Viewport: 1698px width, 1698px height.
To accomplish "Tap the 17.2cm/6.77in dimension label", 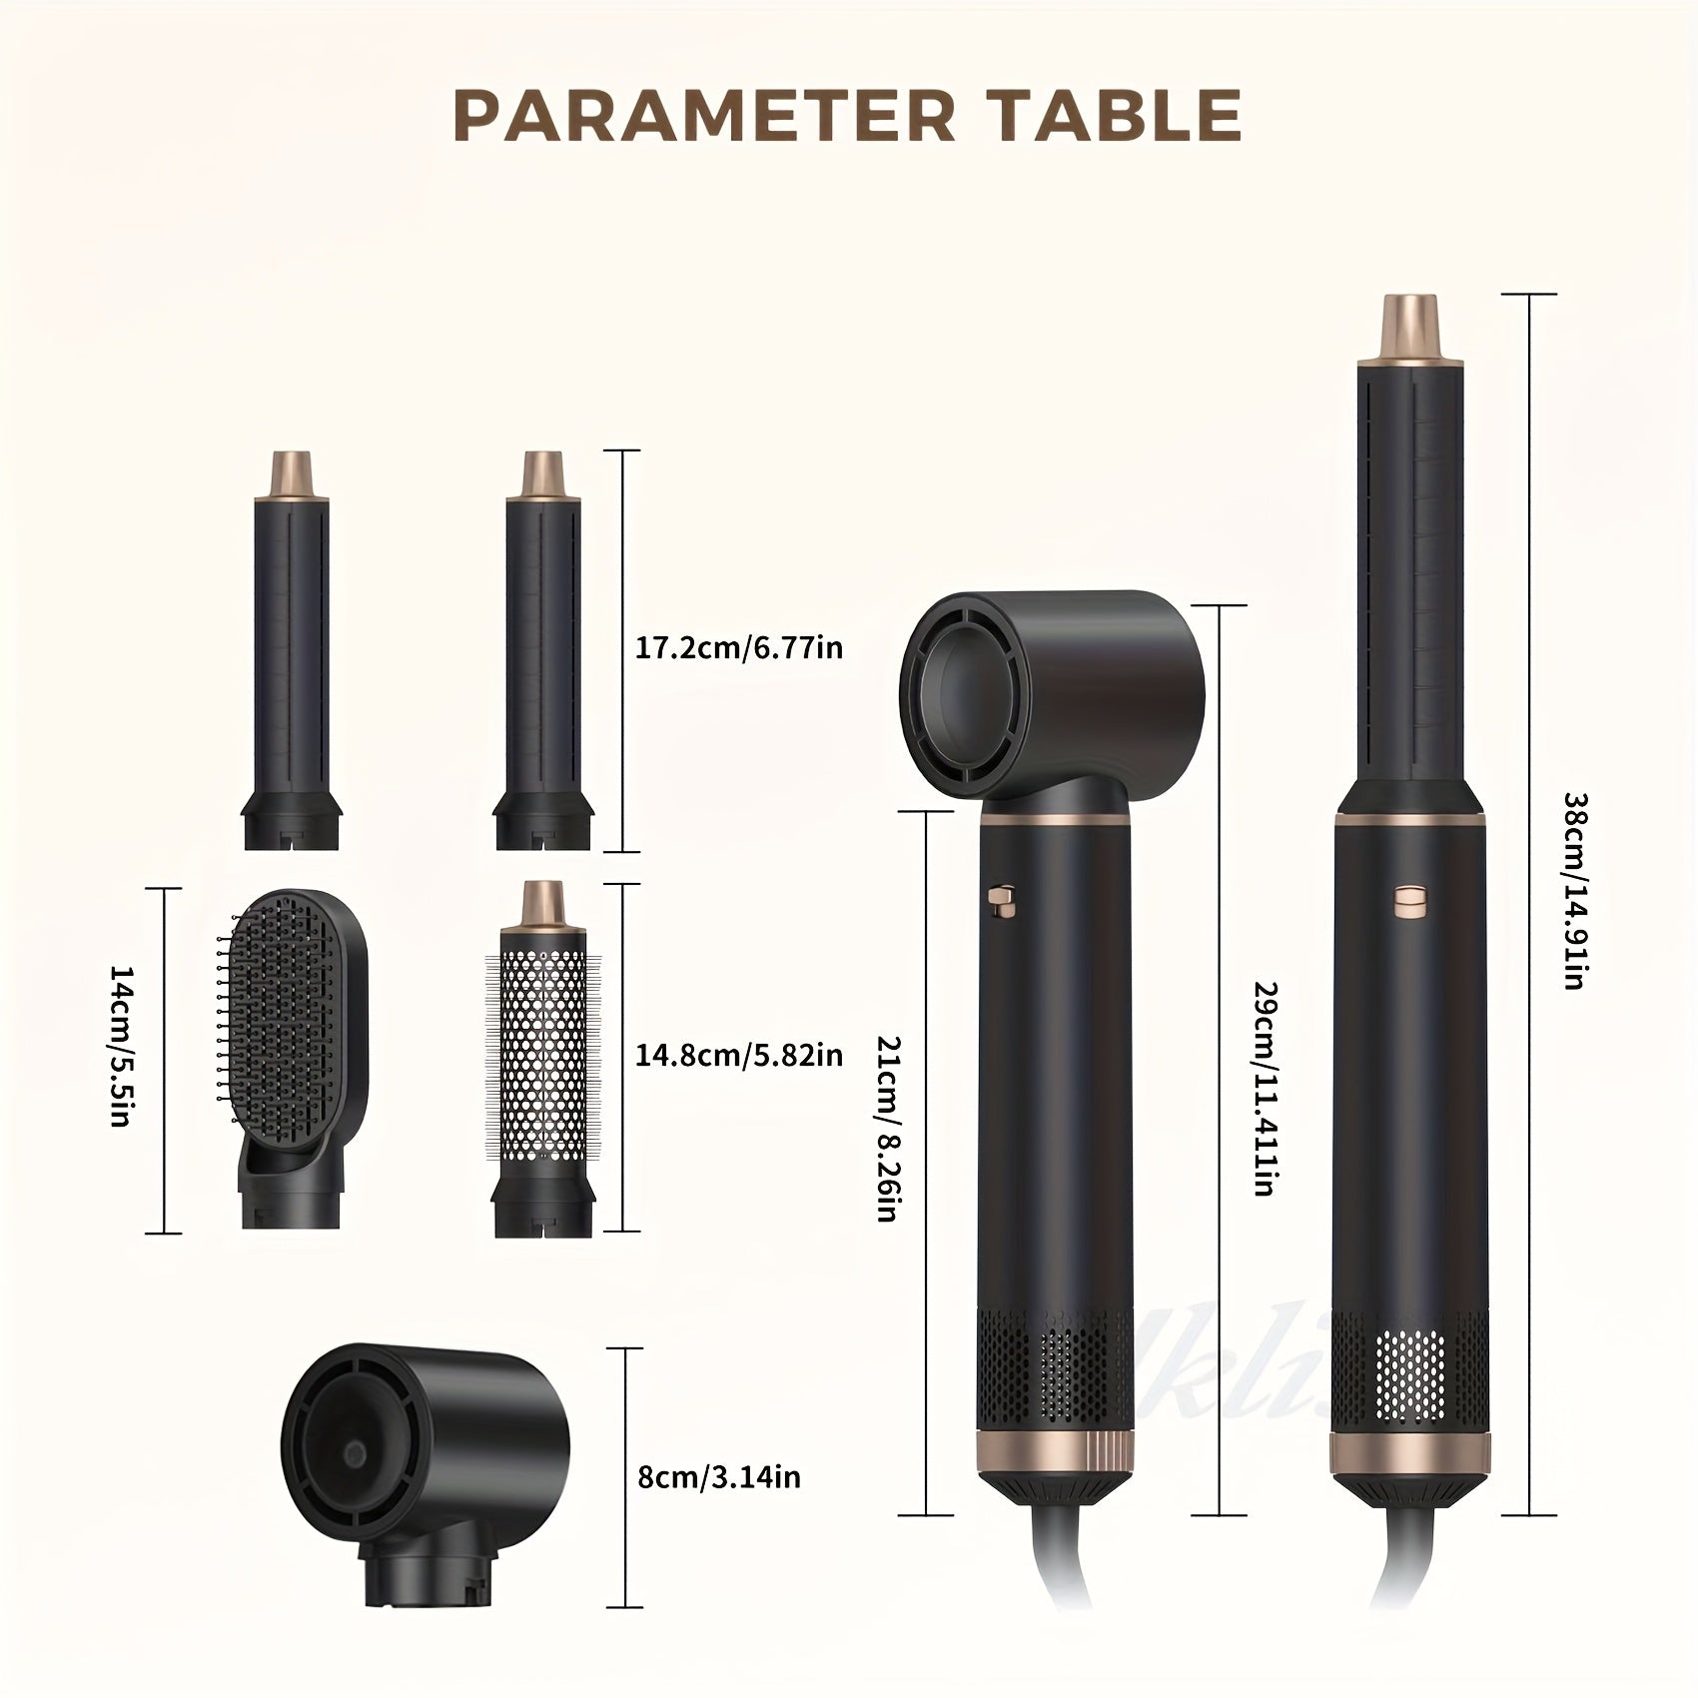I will point(739,648).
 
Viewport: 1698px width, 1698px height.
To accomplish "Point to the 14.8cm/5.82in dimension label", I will point(739,1055).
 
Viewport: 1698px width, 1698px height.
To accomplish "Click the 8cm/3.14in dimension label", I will point(719,1476).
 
